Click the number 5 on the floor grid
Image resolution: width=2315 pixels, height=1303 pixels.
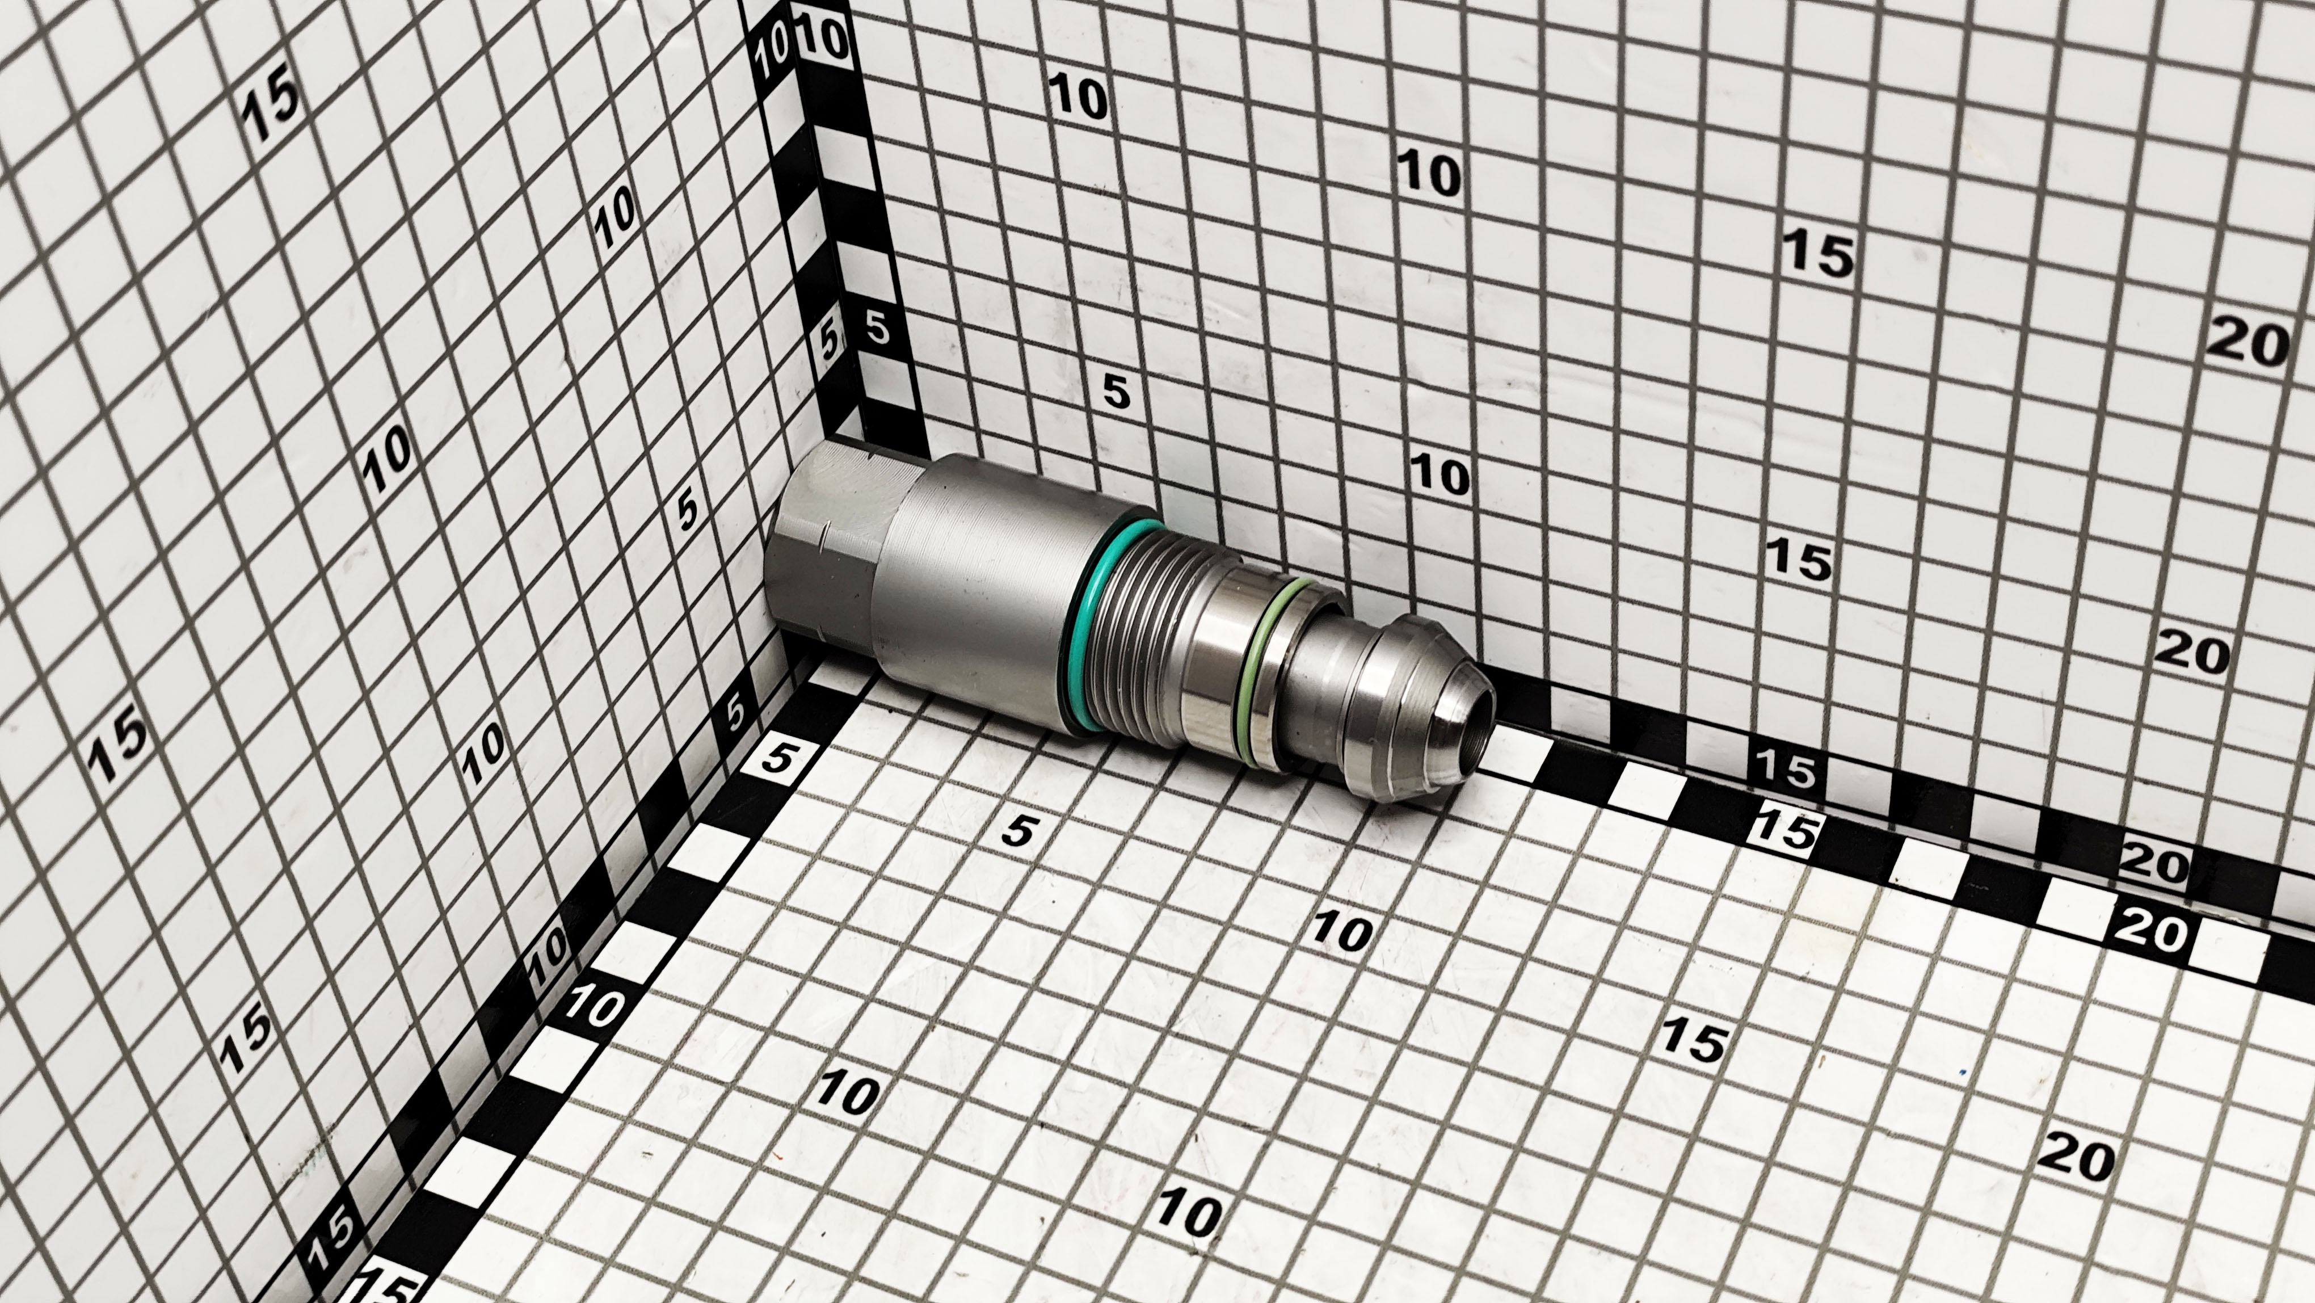pos(1018,830)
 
